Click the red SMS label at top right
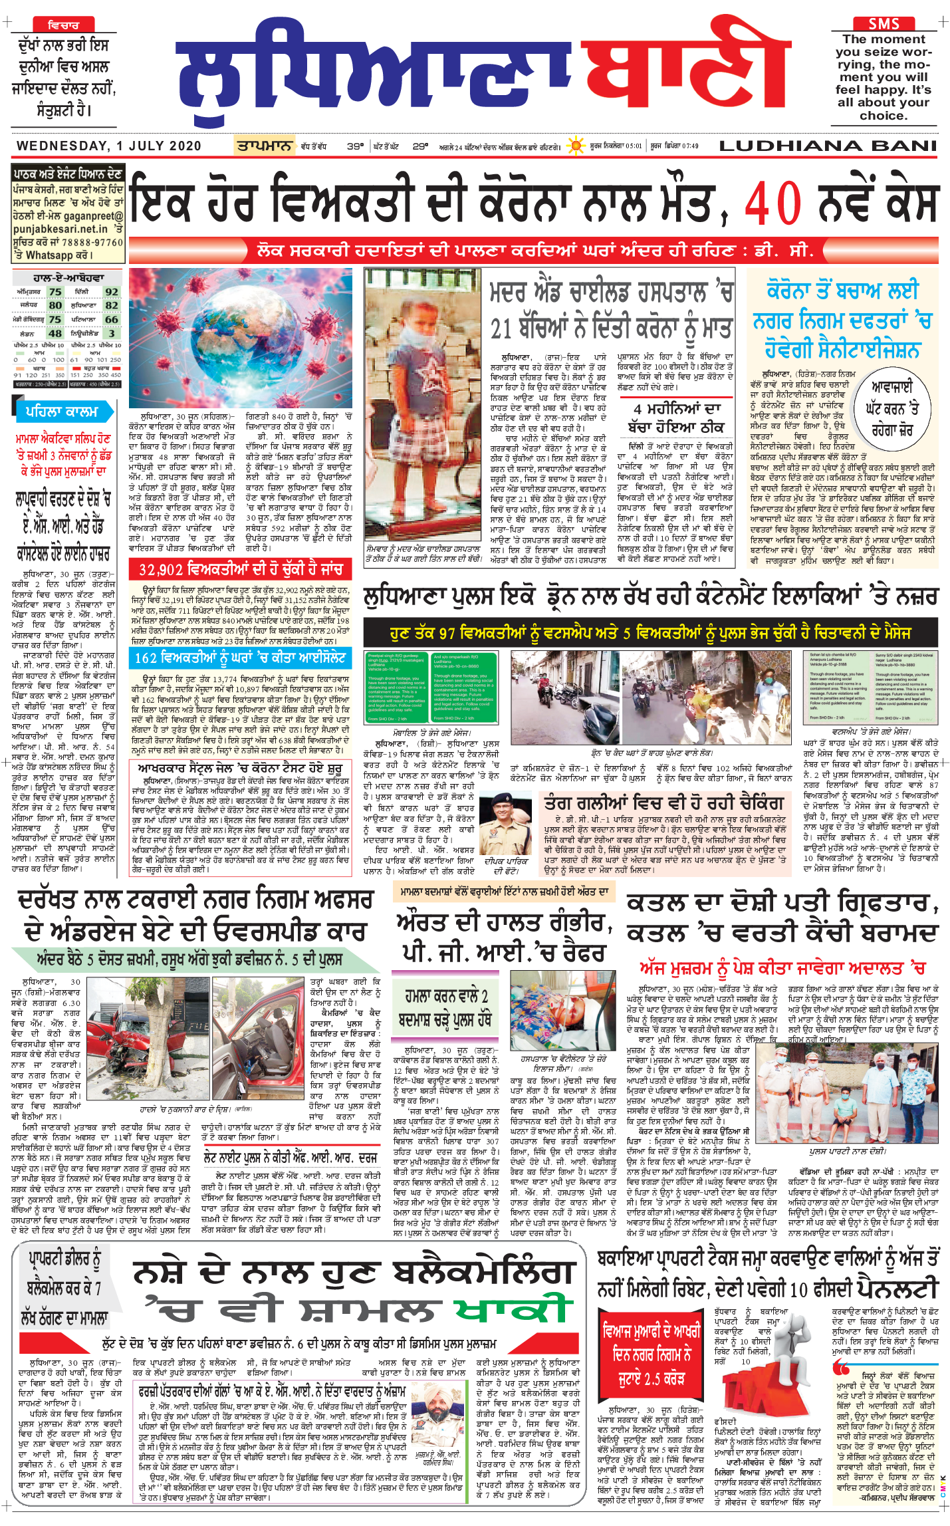[x=884, y=24]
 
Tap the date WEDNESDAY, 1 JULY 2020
[x=109, y=146]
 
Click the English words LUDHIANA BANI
[x=828, y=146]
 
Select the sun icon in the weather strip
[x=576, y=146]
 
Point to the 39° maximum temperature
[x=355, y=146]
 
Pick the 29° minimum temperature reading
[x=420, y=146]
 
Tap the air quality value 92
[x=112, y=292]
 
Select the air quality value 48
[x=55, y=333]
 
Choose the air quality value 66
[x=112, y=319]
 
